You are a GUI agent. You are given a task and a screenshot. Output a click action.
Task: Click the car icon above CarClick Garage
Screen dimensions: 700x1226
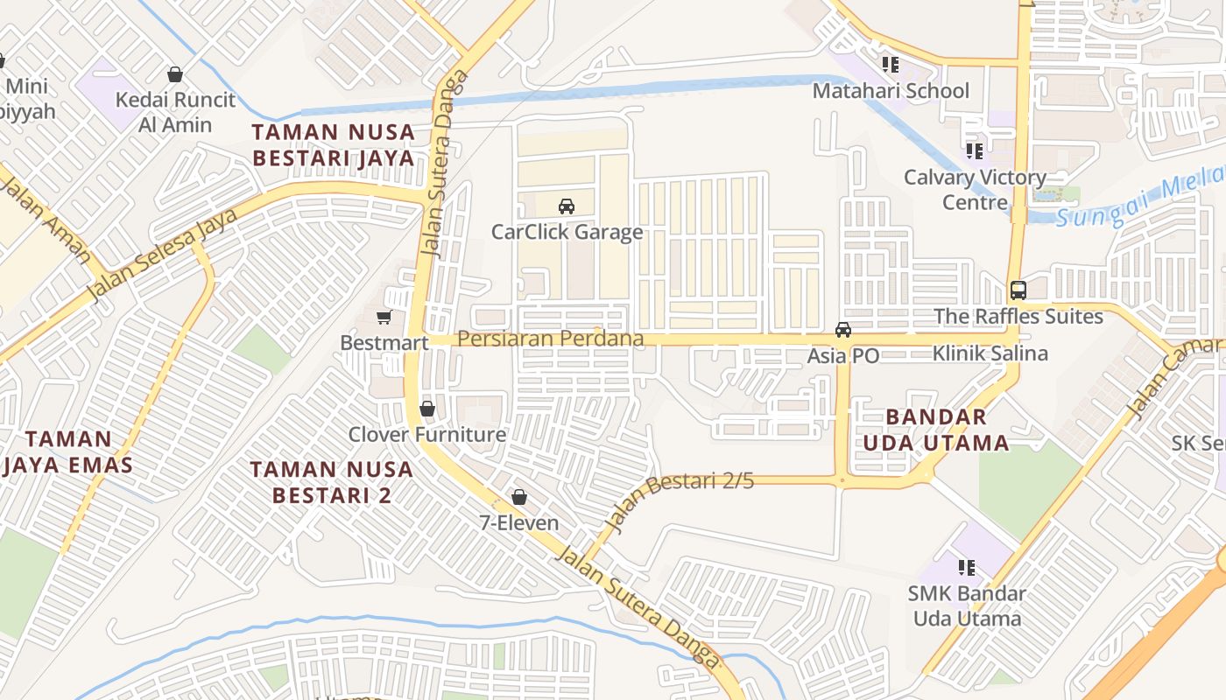[567, 206]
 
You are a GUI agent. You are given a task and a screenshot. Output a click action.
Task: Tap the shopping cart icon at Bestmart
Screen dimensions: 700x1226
[384, 317]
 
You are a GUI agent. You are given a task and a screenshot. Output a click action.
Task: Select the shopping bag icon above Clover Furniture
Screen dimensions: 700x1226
[427, 409]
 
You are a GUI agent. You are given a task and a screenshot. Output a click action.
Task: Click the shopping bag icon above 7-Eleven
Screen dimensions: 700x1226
[519, 497]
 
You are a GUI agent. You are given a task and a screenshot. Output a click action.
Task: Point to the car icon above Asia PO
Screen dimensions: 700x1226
[843, 330]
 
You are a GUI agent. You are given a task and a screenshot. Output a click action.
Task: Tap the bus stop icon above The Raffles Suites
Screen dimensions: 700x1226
[1018, 290]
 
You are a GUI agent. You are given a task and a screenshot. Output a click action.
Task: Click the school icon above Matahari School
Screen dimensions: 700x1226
[891, 65]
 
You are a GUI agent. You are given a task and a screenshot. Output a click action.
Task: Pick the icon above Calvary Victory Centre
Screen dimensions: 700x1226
[975, 151]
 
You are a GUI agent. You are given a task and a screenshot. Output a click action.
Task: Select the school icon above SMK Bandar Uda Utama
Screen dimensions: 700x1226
[967, 568]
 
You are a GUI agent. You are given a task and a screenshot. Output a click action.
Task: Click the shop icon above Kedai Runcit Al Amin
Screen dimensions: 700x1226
[175, 74]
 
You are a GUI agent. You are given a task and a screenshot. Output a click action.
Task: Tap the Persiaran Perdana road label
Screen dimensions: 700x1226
[551, 339]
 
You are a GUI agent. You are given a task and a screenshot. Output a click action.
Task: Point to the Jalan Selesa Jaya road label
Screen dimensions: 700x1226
[163, 255]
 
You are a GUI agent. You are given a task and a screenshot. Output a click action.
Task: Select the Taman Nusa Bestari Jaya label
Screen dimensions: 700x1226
[333, 145]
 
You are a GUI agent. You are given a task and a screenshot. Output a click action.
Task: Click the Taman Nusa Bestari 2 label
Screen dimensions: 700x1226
[332, 482]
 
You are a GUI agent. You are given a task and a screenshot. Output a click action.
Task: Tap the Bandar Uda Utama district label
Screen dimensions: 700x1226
[936, 430]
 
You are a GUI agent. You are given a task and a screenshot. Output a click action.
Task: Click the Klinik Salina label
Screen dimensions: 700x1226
[990, 353]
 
